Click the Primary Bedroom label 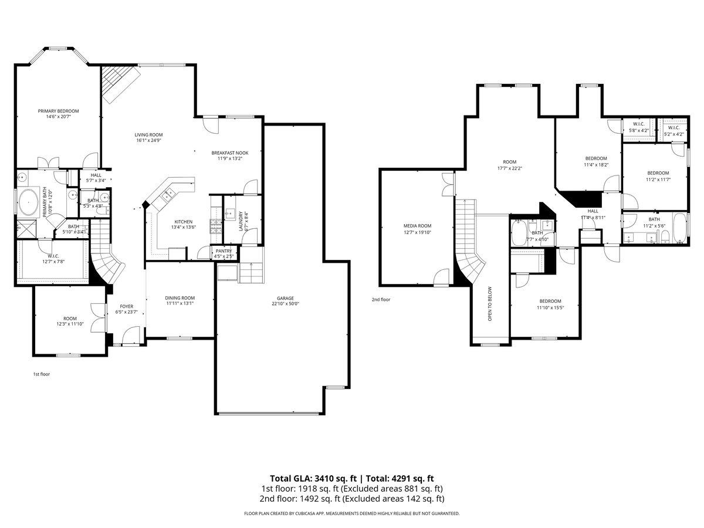coord(58,111)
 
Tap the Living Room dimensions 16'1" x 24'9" coord(149,141)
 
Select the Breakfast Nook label coord(226,153)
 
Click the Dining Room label coord(180,298)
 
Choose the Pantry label coord(224,251)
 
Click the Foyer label coord(127,306)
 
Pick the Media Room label coord(417,226)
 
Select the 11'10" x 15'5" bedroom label coord(550,301)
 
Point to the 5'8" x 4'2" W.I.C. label coord(638,124)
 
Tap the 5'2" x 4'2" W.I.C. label coord(673,127)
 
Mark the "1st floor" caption coord(41,374)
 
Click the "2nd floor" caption coord(381,299)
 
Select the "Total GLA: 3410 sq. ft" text coord(312,478)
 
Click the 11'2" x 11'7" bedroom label coord(658,172)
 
